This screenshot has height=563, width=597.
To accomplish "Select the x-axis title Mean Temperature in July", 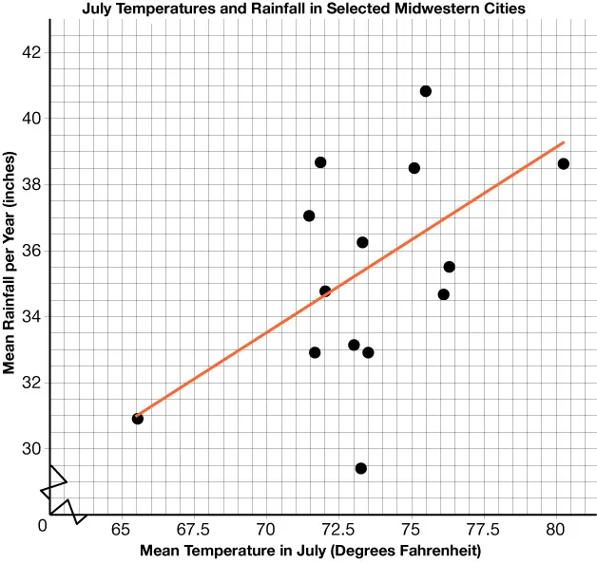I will click(311, 550).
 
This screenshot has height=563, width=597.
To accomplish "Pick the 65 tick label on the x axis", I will click(120, 528).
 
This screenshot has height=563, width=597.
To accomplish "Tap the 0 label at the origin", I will click(41, 525).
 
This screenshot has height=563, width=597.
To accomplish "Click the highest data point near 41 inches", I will click(426, 91).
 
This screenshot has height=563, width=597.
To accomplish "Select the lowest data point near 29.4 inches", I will click(361, 468).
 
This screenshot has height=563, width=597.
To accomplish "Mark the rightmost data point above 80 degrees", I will click(564, 163).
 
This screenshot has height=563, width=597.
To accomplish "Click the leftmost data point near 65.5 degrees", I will click(138, 419).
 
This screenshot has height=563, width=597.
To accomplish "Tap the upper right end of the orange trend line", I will click(564, 142).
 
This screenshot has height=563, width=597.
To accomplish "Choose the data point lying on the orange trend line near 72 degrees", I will click(325, 291).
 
